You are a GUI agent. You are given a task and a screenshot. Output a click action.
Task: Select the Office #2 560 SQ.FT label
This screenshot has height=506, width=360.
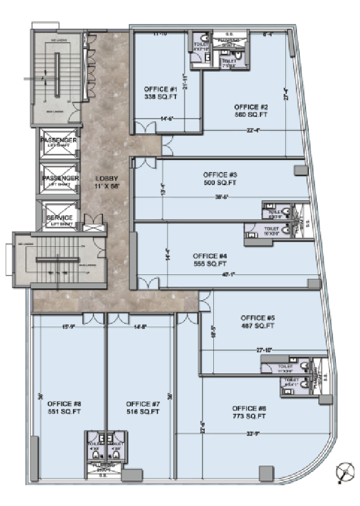point(251,110)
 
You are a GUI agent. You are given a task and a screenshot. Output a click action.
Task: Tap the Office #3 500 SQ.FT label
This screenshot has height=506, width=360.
point(219,178)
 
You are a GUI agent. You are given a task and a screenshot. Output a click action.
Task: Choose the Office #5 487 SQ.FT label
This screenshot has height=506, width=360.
point(257,321)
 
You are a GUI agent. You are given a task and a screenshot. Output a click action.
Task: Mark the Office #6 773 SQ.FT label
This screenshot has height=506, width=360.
point(249,412)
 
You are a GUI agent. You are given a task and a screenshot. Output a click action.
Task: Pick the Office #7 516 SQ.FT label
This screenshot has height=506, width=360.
point(143,408)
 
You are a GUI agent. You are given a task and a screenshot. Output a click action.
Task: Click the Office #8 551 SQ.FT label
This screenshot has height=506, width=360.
point(64,408)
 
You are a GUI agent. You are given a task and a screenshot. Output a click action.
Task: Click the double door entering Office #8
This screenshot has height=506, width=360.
point(91,318)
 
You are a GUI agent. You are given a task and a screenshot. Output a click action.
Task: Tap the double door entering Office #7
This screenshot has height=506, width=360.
point(118,318)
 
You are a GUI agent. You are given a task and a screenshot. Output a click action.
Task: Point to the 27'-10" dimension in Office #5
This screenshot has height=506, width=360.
point(264,350)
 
